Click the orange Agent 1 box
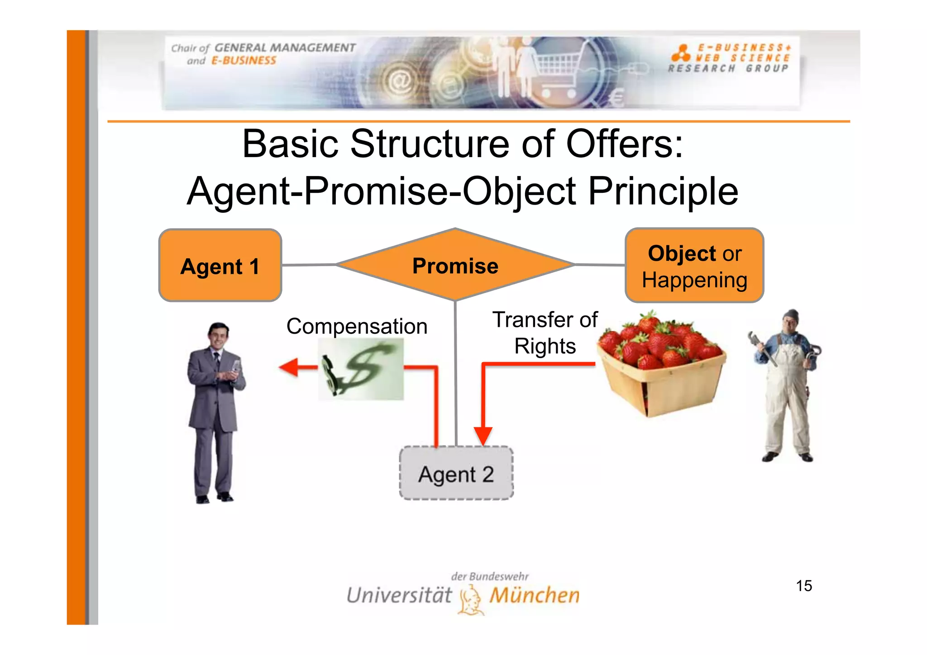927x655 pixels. tap(220, 265)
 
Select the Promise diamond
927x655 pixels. tap(455, 265)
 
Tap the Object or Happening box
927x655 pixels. tap(694, 266)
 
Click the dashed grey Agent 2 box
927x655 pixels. tap(456, 473)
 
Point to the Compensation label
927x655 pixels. tap(357, 326)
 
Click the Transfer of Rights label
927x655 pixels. tap(545, 333)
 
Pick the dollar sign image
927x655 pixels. tap(360, 369)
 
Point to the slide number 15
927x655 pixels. tap(804, 586)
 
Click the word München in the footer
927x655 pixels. tap(535, 595)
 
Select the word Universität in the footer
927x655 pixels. tap(399, 595)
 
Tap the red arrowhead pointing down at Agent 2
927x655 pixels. tap(483, 436)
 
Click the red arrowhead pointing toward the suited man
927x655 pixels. tap(289, 367)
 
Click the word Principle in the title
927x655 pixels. tap(663, 191)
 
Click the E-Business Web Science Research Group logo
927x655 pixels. tap(730, 58)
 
